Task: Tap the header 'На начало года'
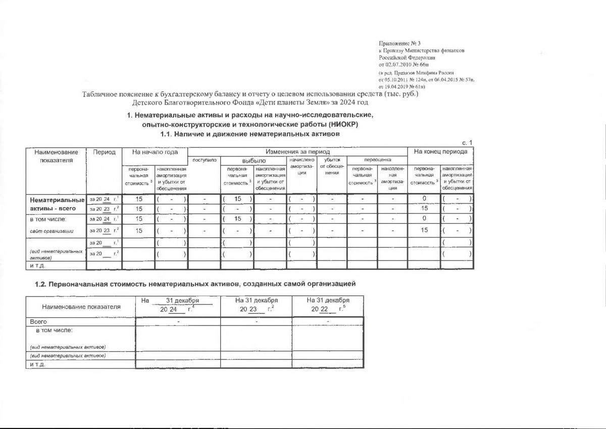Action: tap(155, 152)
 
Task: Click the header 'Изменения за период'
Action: tap(297, 152)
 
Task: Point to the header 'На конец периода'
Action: tap(440, 152)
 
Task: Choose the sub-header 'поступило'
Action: tap(205, 160)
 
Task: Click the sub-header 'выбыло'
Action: tap(254, 161)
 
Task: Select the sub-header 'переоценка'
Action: tap(377, 160)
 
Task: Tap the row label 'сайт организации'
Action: tap(52, 230)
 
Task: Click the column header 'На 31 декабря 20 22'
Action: tap(328, 304)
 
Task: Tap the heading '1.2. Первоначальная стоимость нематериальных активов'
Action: tap(194, 284)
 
